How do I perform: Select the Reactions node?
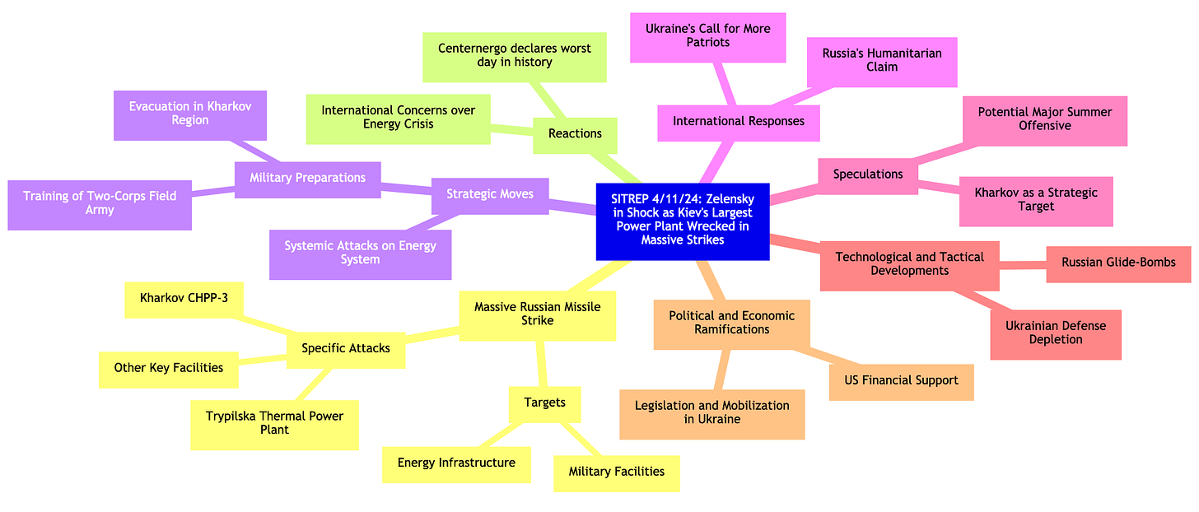pyautogui.click(x=575, y=133)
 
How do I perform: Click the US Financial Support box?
pyautogui.click(x=901, y=381)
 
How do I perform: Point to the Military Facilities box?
pyautogui.click(x=616, y=472)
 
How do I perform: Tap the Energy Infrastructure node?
pyautogui.click(x=456, y=463)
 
